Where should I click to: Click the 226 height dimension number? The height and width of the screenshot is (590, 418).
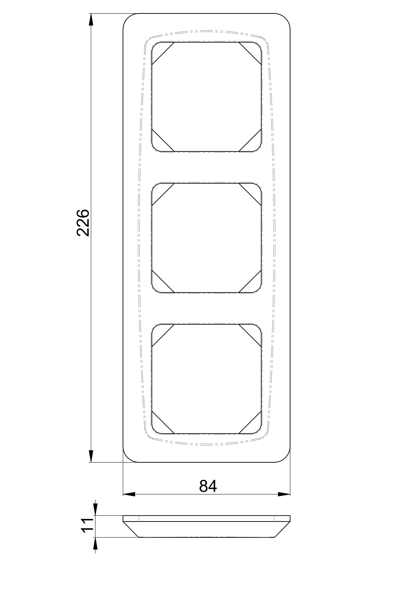[x=83, y=223]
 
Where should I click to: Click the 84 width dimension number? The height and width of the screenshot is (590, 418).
[x=208, y=486]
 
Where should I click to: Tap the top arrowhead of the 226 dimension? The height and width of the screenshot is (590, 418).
[x=91, y=19]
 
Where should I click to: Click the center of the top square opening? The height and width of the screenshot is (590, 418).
[x=206, y=97]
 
